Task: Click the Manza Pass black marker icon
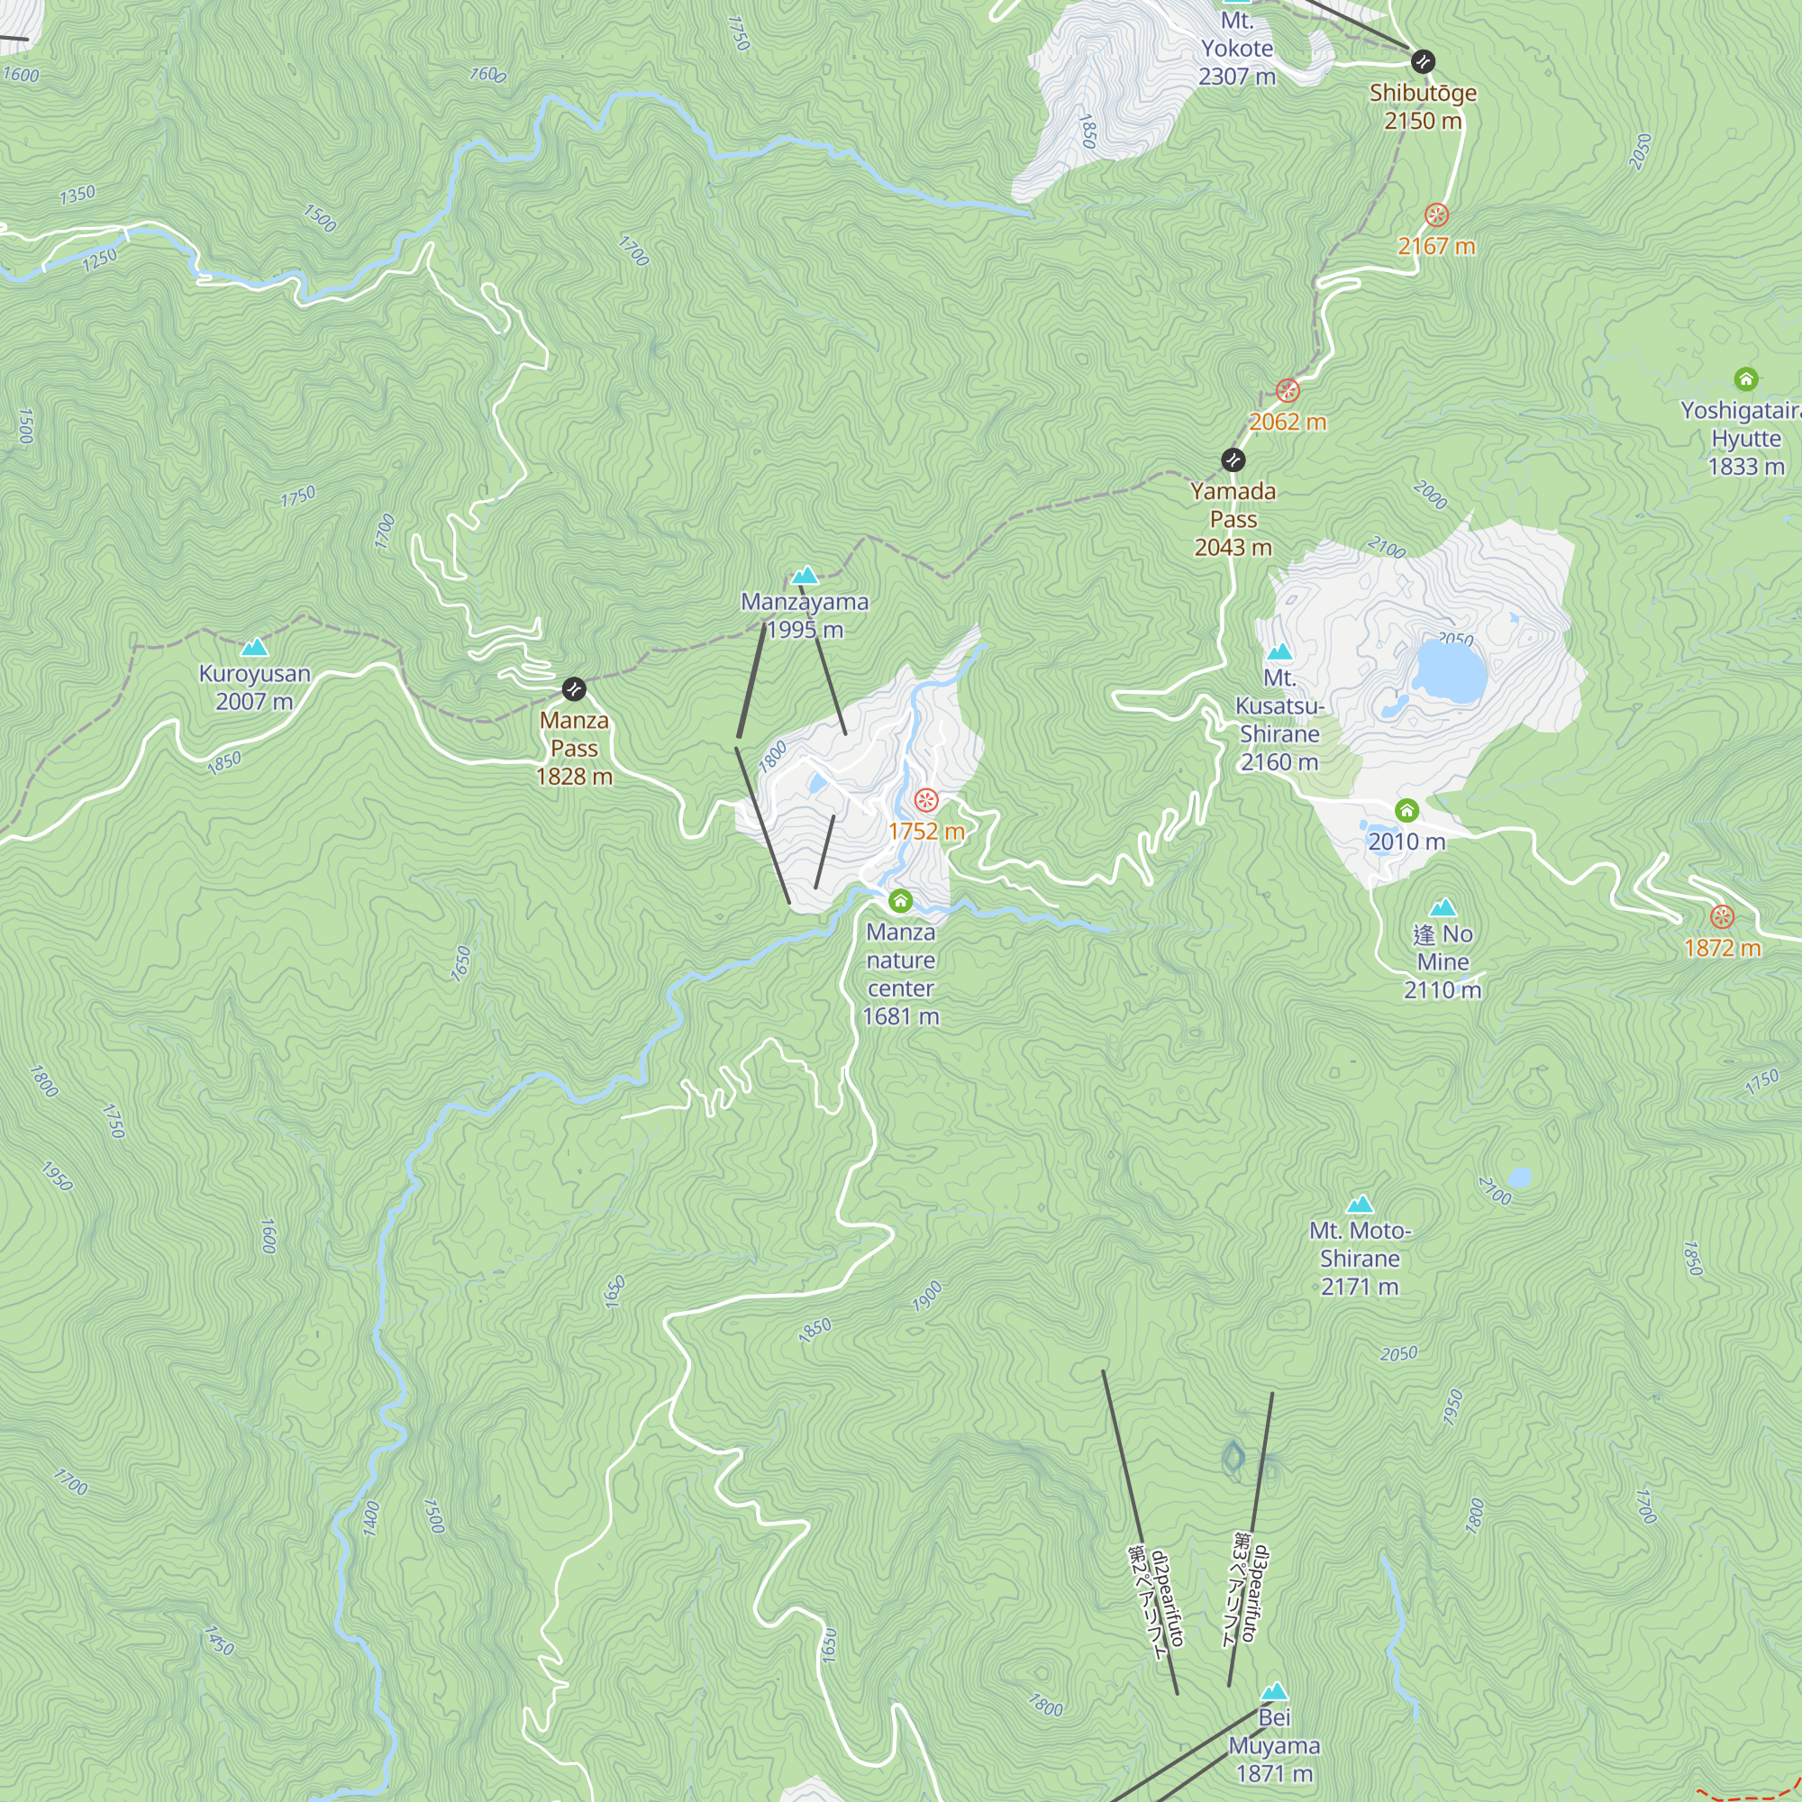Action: pos(574,688)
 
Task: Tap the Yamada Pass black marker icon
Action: pos(1233,460)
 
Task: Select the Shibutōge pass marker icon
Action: pos(1423,61)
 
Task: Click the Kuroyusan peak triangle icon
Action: pos(254,647)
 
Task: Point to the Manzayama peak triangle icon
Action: pos(804,576)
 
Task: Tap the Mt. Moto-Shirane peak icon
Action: pos(1360,1204)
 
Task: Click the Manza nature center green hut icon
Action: pos(900,900)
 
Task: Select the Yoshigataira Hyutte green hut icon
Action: pos(1746,378)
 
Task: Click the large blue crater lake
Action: pos(1450,670)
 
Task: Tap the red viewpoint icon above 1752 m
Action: pos(925,799)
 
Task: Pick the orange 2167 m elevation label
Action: pos(1436,246)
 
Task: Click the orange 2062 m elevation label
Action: pos(1288,422)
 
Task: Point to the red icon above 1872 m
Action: pos(1722,917)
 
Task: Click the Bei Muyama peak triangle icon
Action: pos(1274,1691)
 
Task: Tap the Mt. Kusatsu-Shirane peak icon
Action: pos(1279,651)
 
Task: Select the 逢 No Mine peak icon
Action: pos(1443,906)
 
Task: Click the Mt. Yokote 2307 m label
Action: pos(1237,49)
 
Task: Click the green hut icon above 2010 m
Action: pos(1406,810)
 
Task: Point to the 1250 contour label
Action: pos(100,259)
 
